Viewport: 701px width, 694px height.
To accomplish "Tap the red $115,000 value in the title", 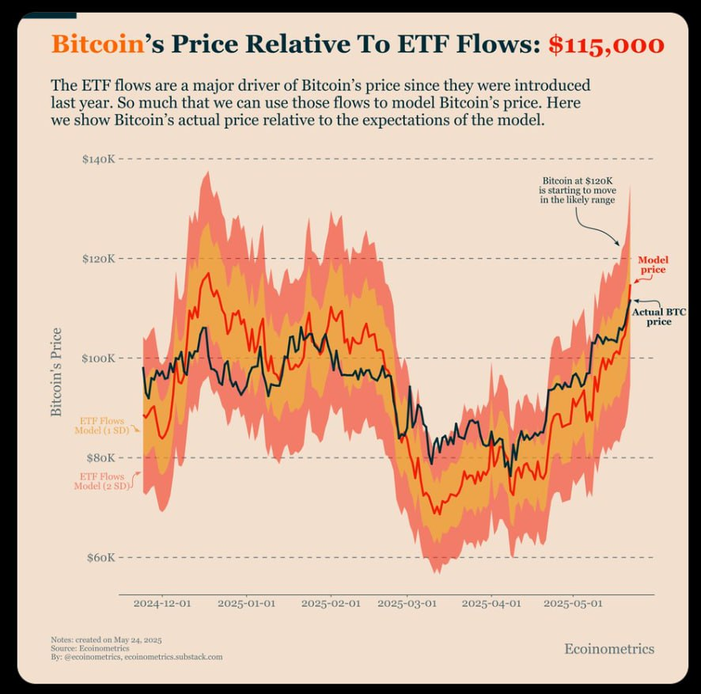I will [606, 45].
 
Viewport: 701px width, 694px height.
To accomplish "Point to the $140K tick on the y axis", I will [99, 159].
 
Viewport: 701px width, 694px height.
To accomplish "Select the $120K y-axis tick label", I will [99, 259].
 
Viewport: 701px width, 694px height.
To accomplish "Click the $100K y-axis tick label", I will [99, 358].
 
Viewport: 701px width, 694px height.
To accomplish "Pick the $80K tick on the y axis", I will [100, 458].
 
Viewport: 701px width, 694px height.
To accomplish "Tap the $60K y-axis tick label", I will [100, 558].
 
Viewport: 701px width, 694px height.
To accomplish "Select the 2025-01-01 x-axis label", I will [247, 603].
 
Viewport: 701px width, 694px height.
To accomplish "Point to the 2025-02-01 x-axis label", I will [331, 603].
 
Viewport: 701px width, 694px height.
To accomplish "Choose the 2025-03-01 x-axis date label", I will [407, 603].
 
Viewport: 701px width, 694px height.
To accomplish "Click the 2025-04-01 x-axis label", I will [491, 603].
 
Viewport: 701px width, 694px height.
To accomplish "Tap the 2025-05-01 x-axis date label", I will [572, 603].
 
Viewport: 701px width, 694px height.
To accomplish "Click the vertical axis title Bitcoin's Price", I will [56, 372].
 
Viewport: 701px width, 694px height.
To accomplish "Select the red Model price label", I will [652, 265].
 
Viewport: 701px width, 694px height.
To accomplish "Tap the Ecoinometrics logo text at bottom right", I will [609, 649].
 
